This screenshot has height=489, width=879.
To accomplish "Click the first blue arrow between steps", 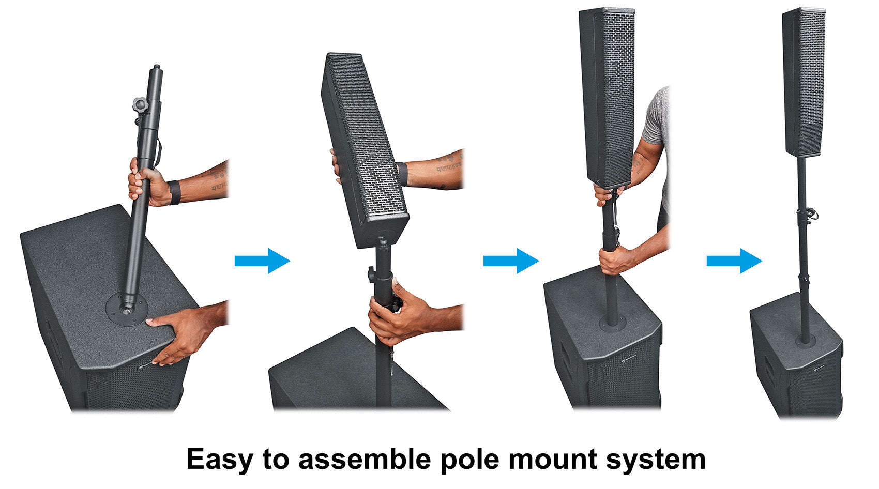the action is tap(262, 261).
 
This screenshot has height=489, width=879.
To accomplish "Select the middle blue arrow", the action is tap(511, 261).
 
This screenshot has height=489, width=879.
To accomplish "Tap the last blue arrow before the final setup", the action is tap(734, 261).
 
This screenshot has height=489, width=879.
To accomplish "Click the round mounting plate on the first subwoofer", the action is tap(127, 310).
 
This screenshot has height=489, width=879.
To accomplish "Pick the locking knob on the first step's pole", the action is tap(140, 104).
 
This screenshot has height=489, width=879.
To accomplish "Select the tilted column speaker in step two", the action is tap(364, 151).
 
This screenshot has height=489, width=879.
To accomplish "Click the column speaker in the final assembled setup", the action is tap(804, 82).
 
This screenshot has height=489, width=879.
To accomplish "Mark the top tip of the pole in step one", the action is tap(157, 66).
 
